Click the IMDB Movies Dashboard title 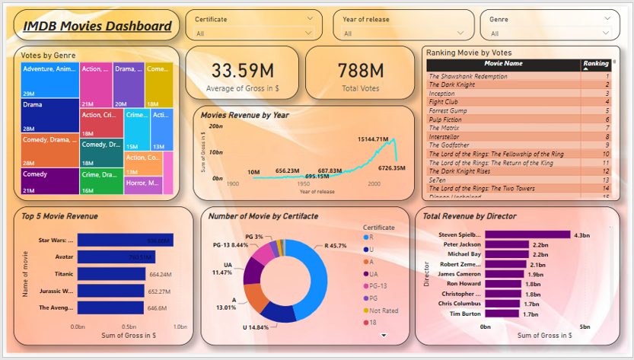coord(97,27)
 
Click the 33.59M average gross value coord(243,71)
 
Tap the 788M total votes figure coord(361,71)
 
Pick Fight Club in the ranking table coord(443,101)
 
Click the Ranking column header coord(595,64)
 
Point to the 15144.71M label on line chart coord(373,140)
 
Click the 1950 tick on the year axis coord(304,184)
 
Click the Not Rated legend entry coord(384,311)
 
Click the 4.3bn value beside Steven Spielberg coord(581,234)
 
